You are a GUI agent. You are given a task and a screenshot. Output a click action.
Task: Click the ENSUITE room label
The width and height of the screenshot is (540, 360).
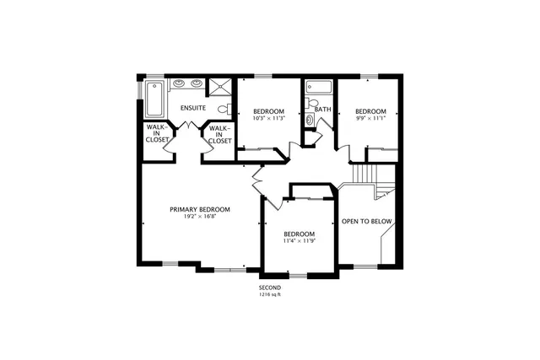click(x=193, y=109)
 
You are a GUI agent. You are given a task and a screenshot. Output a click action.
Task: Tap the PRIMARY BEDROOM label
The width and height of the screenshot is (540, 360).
click(x=200, y=209)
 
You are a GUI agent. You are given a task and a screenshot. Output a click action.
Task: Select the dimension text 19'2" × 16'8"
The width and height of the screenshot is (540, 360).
click(x=200, y=217)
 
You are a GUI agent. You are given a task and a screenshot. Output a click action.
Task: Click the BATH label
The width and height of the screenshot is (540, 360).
click(x=323, y=110)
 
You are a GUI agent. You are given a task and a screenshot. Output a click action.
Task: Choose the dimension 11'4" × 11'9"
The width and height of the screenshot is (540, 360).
click(x=299, y=242)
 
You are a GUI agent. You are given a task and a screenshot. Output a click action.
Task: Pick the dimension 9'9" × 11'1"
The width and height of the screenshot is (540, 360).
click(x=370, y=119)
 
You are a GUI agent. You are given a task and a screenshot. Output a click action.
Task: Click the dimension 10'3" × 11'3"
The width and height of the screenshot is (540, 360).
click(x=269, y=119)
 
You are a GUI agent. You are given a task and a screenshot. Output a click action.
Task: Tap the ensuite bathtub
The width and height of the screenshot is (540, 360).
click(x=155, y=98)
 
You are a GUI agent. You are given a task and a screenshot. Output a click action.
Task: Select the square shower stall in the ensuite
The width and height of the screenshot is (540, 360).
click(x=221, y=87)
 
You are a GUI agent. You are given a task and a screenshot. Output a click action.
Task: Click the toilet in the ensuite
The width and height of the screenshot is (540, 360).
click(x=224, y=109)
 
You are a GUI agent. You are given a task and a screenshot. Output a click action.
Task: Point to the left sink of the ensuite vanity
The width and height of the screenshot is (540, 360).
click(x=180, y=83)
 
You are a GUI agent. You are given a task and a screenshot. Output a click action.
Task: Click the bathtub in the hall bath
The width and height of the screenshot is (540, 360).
click(x=319, y=87)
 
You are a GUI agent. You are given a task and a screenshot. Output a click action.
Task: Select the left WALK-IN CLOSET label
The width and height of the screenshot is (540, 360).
click(x=157, y=133)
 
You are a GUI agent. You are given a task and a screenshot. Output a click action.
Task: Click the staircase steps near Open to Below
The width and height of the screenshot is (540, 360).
click(x=362, y=173)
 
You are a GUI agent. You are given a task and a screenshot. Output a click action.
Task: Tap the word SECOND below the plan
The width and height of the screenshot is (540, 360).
click(x=269, y=287)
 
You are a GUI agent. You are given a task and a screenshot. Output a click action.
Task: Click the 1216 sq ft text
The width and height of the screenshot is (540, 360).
click(x=269, y=295)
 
